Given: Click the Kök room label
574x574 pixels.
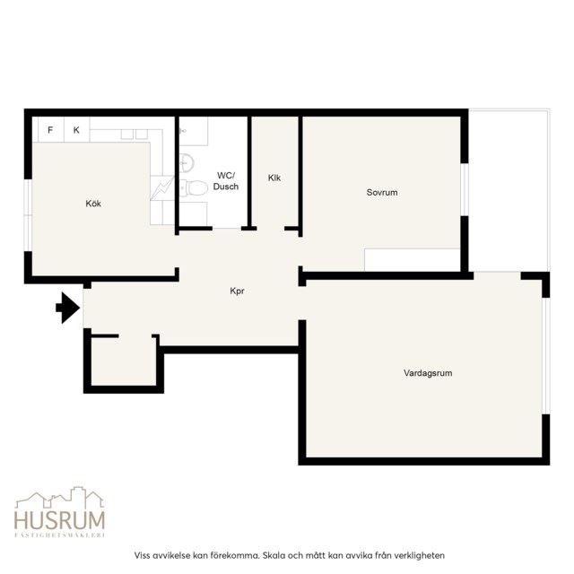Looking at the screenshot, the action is pyautogui.click(x=93, y=204).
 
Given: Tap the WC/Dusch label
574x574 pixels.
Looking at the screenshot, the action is pyautogui.click(x=226, y=181).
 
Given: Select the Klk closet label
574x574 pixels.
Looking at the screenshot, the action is pyautogui.click(x=274, y=178).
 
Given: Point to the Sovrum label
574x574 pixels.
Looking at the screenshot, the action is pyautogui.click(x=382, y=192).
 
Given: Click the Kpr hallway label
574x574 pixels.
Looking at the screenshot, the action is pyautogui.click(x=237, y=291).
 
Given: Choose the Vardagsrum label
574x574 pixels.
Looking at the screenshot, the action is pyautogui.click(x=428, y=373).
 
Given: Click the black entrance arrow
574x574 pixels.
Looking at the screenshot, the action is pyautogui.click(x=68, y=308).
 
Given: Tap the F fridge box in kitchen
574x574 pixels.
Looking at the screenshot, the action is pyautogui.click(x=50, y=129).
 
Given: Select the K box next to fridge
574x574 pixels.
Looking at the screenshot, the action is pyautogui.click(x=76, y=129).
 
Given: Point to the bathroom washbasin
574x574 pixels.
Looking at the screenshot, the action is pyautogui.click(x=187, y=162).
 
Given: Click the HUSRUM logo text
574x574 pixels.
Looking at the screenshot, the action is pyautogui.click(x=60, y=520).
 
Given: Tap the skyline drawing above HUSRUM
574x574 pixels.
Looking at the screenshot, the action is pyautogui.click(x=60, y=497).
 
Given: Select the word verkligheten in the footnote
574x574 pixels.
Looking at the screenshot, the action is pyautogui.click(x=422, y=555).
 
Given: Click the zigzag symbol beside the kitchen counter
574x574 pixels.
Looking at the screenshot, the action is pyautogui.click(x=161, y=187).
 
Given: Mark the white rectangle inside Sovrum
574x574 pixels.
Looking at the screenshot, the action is pyautogui.click(x=413, y=260).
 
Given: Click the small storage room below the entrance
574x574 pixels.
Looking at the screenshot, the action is pyautogui.click(x=124, y=361).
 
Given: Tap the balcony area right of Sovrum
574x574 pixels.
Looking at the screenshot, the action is pyautogui.click(x=509, y=190).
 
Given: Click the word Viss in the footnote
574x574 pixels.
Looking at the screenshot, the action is pyautogui.click(x=143, y=555).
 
